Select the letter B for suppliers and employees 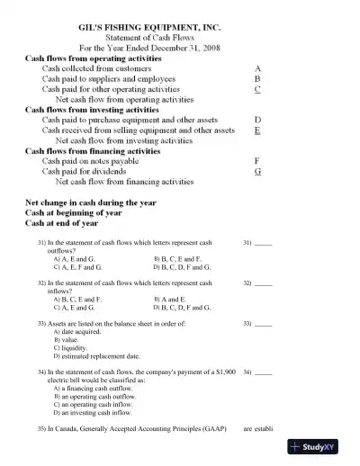[258, 79]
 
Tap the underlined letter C [258, 89]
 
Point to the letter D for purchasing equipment [258, 120]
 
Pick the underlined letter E [258, 130]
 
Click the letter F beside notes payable [258, 160]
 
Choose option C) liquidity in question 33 [78, 347]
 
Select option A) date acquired [84, 331]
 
